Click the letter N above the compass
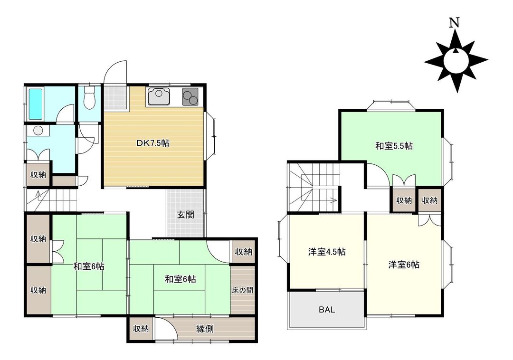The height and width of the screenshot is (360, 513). pos(455,22)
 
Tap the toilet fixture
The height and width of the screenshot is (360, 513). pos(89,97)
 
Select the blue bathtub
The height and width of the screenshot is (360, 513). pos(36,104)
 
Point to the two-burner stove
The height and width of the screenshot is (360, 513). pos(191,97)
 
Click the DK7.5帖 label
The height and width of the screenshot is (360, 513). pos(153,142)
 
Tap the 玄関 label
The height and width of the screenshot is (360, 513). pos(186,215)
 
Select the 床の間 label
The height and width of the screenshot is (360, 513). pos(243,290)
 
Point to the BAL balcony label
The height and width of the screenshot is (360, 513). pos(327,310)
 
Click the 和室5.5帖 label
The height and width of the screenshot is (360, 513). pos(394,146)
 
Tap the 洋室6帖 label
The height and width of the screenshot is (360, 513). pos(404,265)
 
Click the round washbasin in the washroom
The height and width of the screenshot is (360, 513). pos(38,131)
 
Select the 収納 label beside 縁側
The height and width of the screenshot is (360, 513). pos(141,329)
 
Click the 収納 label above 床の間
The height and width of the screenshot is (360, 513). pos(243,252)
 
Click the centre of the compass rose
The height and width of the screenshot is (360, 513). pos(456,60)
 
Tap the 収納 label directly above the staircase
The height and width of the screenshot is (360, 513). pos(38,174)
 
